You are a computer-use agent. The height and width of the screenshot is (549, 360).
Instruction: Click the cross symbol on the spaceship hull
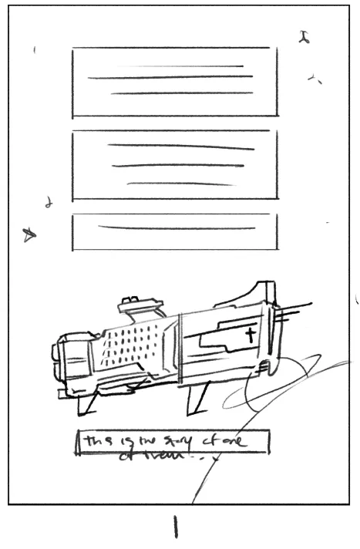click(249, 335)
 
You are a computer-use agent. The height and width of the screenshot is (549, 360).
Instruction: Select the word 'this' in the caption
click(97, 441)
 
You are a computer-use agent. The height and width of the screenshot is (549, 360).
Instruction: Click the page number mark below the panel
click(176, 527)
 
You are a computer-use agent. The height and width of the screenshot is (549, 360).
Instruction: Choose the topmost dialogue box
click(175, 83)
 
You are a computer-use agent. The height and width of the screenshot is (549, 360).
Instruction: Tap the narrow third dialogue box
click(175, 232)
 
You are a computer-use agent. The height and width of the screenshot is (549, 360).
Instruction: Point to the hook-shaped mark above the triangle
click(49, 203)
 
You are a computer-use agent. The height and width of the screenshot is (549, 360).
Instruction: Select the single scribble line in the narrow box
click(176, 227)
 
